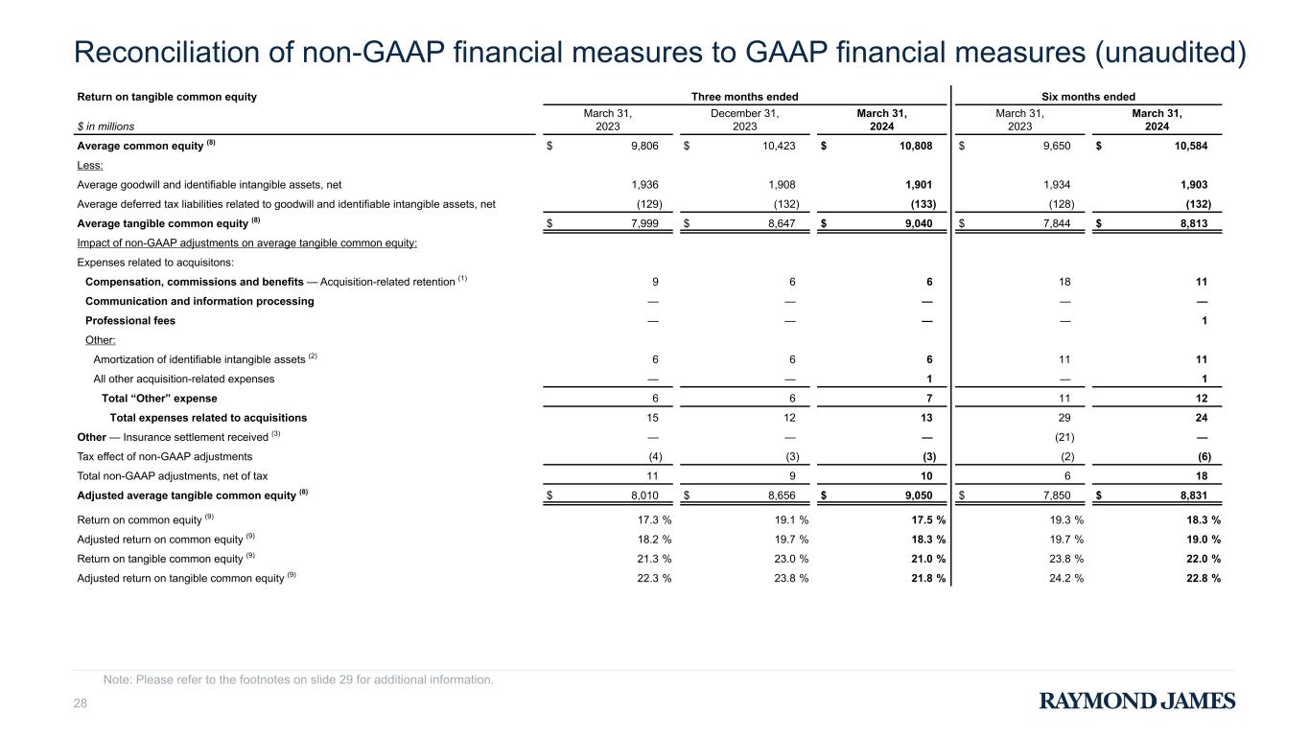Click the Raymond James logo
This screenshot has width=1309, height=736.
pos(1137,701)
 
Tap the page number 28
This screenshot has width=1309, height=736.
pos(80,703)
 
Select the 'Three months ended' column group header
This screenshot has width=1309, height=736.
pos(744,97)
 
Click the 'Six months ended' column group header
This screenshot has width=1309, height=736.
pos(1088,97)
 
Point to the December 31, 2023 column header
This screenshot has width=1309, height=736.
pos(744,120)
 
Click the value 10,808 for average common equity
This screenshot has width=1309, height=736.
pos(916,146)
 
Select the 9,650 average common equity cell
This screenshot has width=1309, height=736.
pos(1057,146)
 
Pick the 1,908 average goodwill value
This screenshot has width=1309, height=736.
pos(782,185)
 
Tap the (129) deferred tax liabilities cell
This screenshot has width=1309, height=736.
pos(649,204)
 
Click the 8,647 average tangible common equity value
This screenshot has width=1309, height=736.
pos(782,223)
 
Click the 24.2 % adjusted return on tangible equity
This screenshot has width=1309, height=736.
pos(1066,578)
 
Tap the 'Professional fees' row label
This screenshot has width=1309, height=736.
pos(130,321)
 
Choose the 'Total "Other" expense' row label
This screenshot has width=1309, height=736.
pos(159,399)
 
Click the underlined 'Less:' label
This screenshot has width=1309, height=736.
pos(90,165)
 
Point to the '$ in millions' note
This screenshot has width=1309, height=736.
pos(105,126)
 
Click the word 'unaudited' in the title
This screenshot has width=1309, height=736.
pos(1171,53)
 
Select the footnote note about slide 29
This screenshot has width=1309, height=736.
pos(298,679)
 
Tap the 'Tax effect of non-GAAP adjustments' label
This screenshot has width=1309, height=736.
pos(165,457)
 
